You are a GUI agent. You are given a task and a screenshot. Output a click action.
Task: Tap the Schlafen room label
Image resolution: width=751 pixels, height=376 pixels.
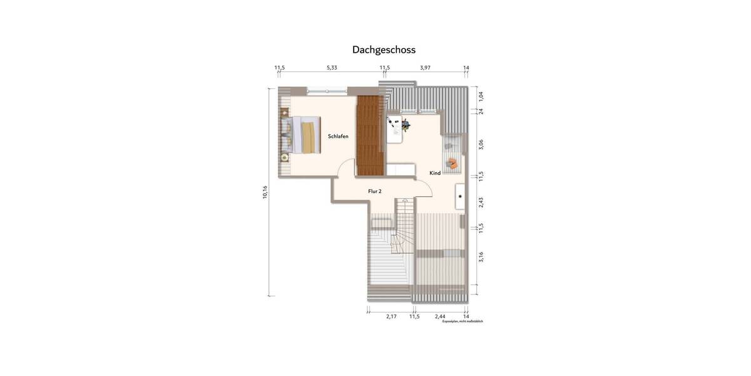pos(338,136)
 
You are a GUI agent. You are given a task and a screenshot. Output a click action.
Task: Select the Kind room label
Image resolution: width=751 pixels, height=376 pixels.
pos(435,172)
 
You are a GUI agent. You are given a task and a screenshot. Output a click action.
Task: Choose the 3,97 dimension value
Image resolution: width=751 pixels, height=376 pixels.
pos(426,68)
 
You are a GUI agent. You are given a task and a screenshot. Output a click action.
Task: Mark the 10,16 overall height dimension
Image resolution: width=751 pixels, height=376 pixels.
pos(265,192)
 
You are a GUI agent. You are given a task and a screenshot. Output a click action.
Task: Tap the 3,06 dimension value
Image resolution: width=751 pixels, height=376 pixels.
pos(481,144)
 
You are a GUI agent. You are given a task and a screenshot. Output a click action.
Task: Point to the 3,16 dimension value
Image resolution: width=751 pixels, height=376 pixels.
pos(481,257)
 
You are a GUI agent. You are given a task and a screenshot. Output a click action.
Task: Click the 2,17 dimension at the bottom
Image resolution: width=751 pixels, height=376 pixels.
pos(391,316)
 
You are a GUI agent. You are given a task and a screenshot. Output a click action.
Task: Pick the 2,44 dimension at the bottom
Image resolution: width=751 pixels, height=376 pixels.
pos(440,316)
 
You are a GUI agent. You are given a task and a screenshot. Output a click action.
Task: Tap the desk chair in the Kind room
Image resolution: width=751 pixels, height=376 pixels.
pos(405,126)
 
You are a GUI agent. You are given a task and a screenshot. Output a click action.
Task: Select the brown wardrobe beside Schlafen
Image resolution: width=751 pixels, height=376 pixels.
pos(370,135)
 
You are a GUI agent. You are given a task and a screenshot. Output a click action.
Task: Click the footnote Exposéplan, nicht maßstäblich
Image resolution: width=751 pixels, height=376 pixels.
pos(462,321)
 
